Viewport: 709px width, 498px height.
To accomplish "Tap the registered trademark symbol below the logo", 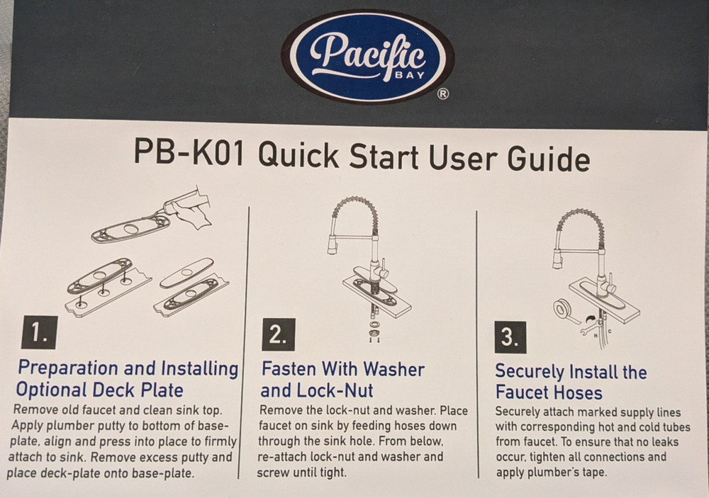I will (x=442, y=95).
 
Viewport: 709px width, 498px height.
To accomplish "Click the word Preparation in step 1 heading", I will (x=67, y=368).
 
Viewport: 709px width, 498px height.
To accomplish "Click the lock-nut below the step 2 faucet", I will (x=374, y=328).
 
